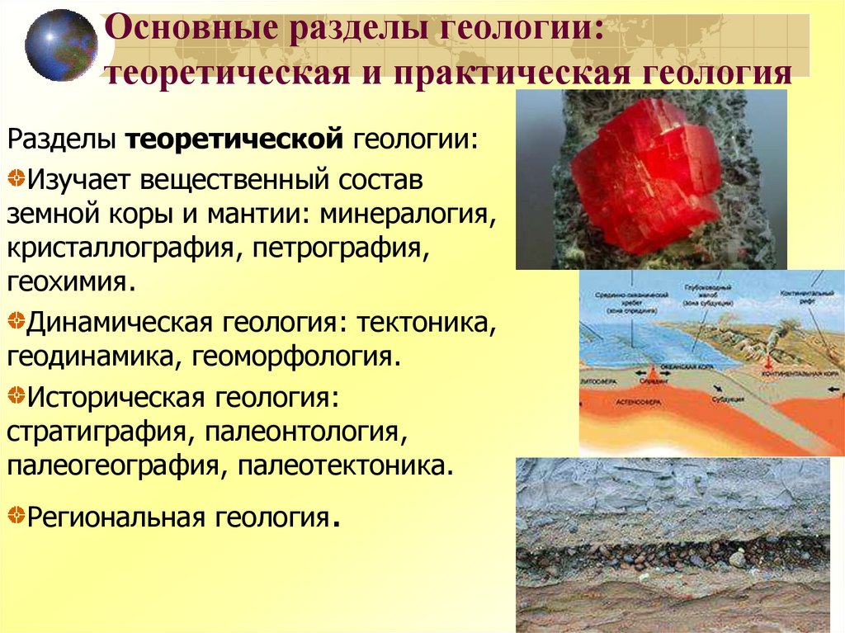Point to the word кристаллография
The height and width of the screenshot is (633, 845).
coord(119,248)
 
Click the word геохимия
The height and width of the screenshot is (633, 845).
coord(69,282)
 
